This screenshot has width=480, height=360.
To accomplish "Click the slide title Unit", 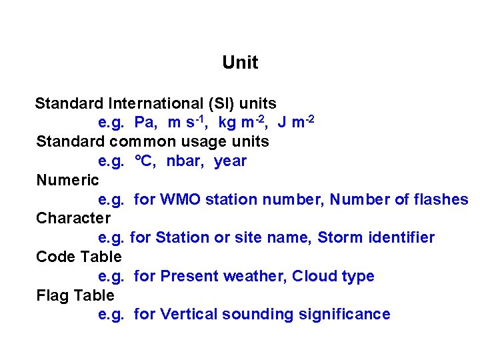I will click(240, 63).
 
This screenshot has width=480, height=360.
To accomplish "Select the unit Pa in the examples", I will click(146, 123).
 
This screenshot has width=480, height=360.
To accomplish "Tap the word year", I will click(230, 161).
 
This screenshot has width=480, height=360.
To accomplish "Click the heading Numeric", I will click(67, 180).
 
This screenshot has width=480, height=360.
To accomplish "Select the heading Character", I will click(73, 218).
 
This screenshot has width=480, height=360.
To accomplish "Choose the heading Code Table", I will click(79, 257).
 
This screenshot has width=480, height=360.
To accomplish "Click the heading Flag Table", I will click(75, 295).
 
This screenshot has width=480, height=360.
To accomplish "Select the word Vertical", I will click(189, 314).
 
